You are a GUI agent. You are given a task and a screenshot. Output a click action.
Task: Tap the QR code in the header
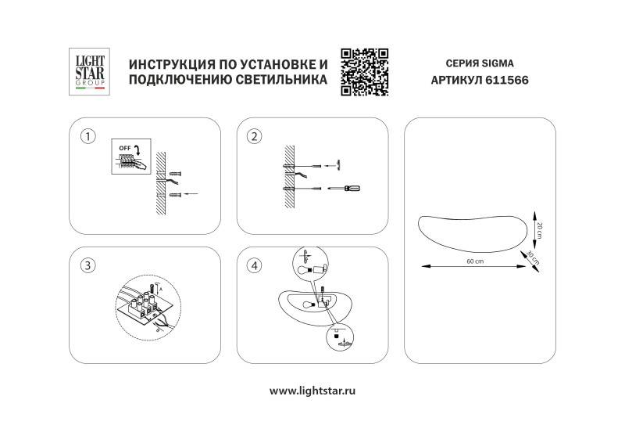365,71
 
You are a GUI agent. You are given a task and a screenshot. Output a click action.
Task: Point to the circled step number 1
88,136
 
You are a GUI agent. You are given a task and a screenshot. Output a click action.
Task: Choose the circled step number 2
253,136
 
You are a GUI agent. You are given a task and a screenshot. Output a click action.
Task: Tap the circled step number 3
88,265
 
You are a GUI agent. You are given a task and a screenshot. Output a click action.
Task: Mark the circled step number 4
253,265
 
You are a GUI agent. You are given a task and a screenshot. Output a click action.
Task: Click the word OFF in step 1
125,147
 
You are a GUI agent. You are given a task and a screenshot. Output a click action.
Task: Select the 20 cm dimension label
540,226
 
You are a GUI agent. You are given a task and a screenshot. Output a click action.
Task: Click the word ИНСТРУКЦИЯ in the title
166,63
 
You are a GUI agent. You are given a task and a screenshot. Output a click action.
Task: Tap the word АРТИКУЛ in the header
457,80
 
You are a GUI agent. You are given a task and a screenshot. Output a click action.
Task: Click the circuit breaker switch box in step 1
129,160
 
